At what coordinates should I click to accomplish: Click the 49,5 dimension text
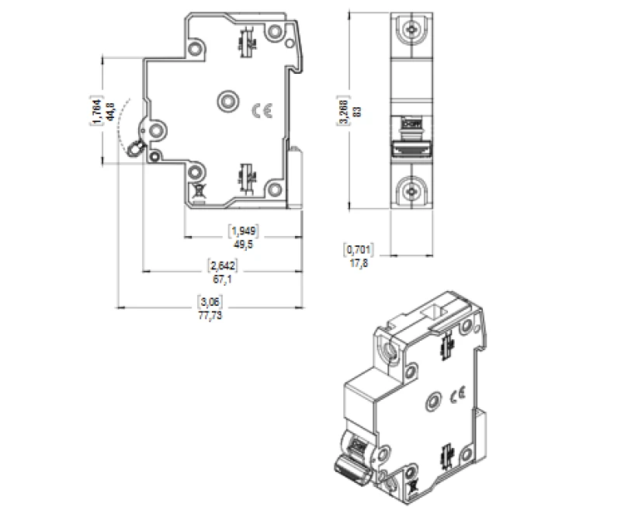(243, 243)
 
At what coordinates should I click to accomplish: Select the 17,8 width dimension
(359, 262)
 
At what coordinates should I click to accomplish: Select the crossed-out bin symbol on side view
(197, 189)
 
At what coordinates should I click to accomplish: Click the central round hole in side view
(228, 100)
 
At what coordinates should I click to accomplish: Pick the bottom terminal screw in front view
(411, 189)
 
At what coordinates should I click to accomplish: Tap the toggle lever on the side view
(137, 148)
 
